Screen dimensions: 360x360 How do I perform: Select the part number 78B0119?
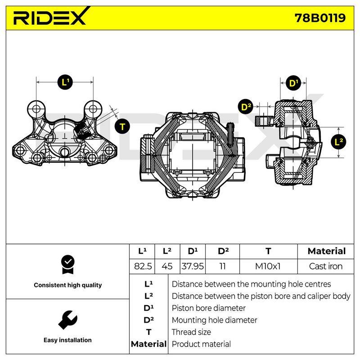[x=320, y=18]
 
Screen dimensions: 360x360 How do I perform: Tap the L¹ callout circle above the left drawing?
[x=65, y=82]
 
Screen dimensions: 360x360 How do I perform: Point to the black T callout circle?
[x=122, y=126]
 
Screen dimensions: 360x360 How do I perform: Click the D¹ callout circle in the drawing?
[x=293, y=83]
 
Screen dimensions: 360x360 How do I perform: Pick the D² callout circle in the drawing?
[x=246, y=107]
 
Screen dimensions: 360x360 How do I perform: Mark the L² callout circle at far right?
[x=338, y=142]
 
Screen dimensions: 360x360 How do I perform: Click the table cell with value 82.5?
[x=143, y=266]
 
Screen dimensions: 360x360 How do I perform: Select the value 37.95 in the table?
[x=193, y=266]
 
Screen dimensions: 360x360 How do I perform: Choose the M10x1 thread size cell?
[x=268, y=266]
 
